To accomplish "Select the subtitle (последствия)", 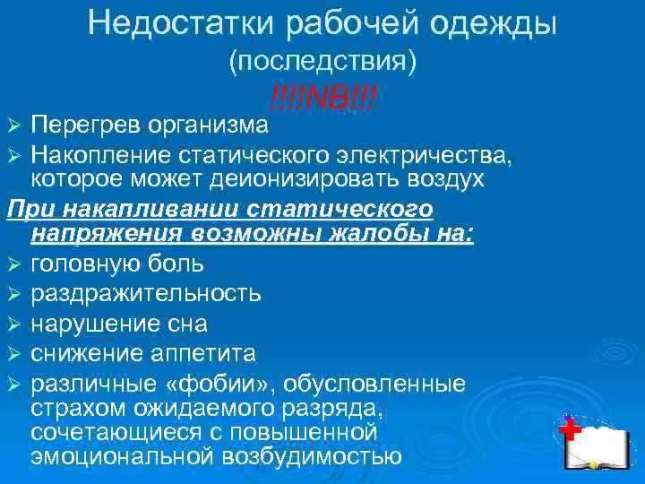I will point(322,62).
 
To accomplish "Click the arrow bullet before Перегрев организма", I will point(13,122).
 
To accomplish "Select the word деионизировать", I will point(309,178).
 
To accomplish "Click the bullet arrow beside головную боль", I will point(13,265).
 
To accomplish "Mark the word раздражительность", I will point(146,293).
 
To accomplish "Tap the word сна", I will point(187,323).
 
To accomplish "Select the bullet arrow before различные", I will point(13,385).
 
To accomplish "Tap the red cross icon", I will point(567,429).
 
